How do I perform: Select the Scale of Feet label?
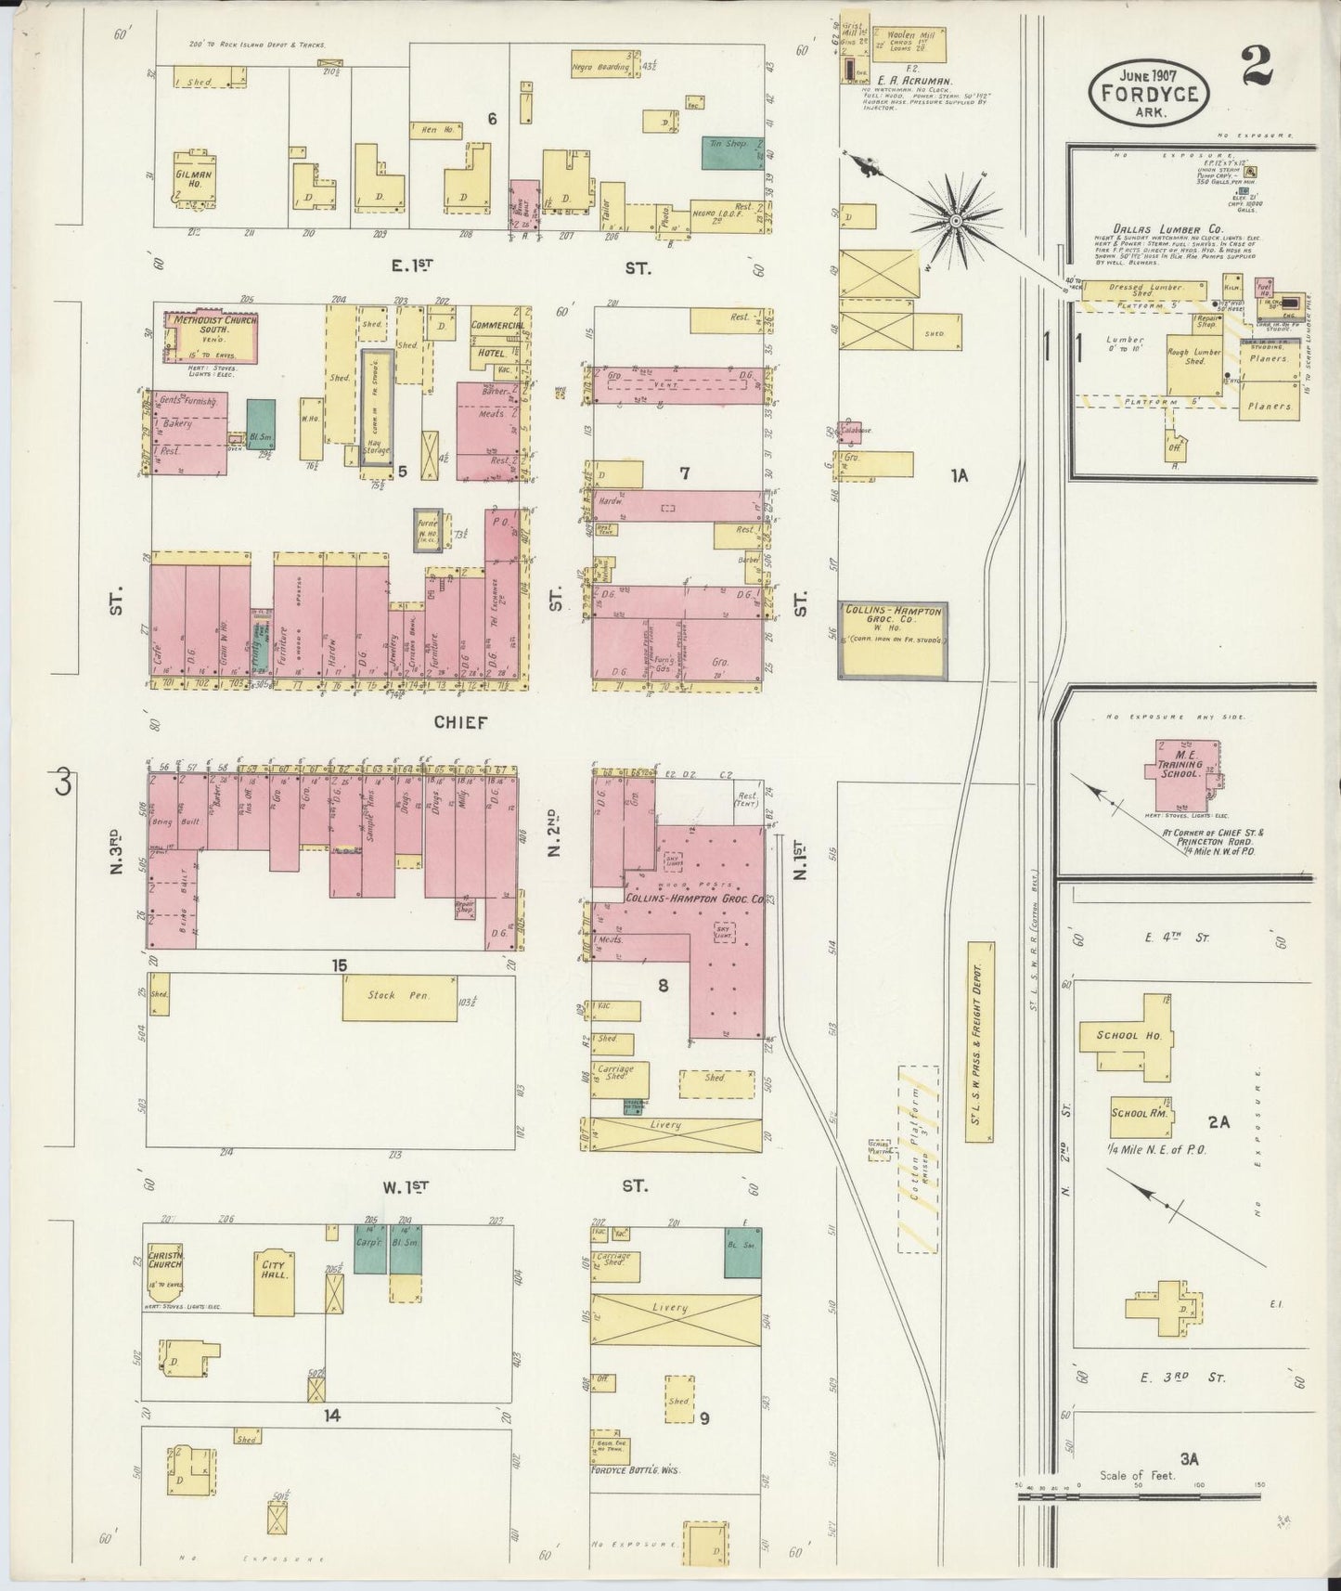(x=1137, y=1475)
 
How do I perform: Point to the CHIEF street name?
(x=459, y=722)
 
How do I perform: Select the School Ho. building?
(x=1124, y=1037)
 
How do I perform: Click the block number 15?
(x=340, y=966)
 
